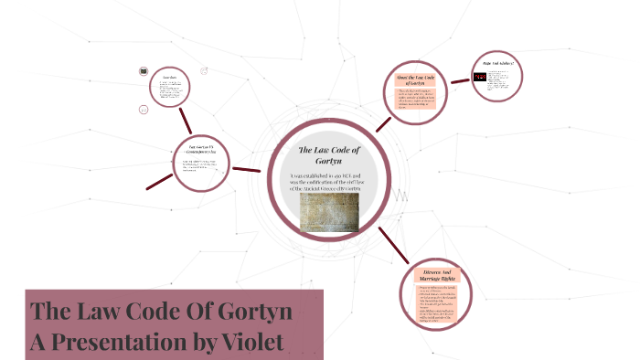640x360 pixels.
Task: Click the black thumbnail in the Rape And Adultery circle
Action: coord(480,78)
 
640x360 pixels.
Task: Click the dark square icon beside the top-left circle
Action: coord(144,71)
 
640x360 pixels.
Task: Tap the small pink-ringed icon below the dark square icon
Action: coord(144,110)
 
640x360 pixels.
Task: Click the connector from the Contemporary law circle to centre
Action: coord(247,169)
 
